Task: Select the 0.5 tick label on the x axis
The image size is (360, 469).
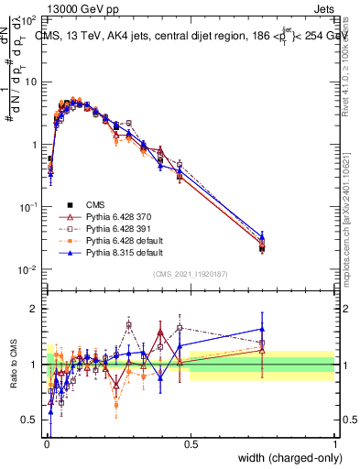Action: point(191,443)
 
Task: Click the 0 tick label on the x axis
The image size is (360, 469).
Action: point(47,443)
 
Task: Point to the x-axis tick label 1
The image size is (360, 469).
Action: point(334,443)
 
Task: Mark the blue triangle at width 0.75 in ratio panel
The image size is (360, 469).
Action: point(262,329)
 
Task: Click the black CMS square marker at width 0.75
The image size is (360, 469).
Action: point(262,248)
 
